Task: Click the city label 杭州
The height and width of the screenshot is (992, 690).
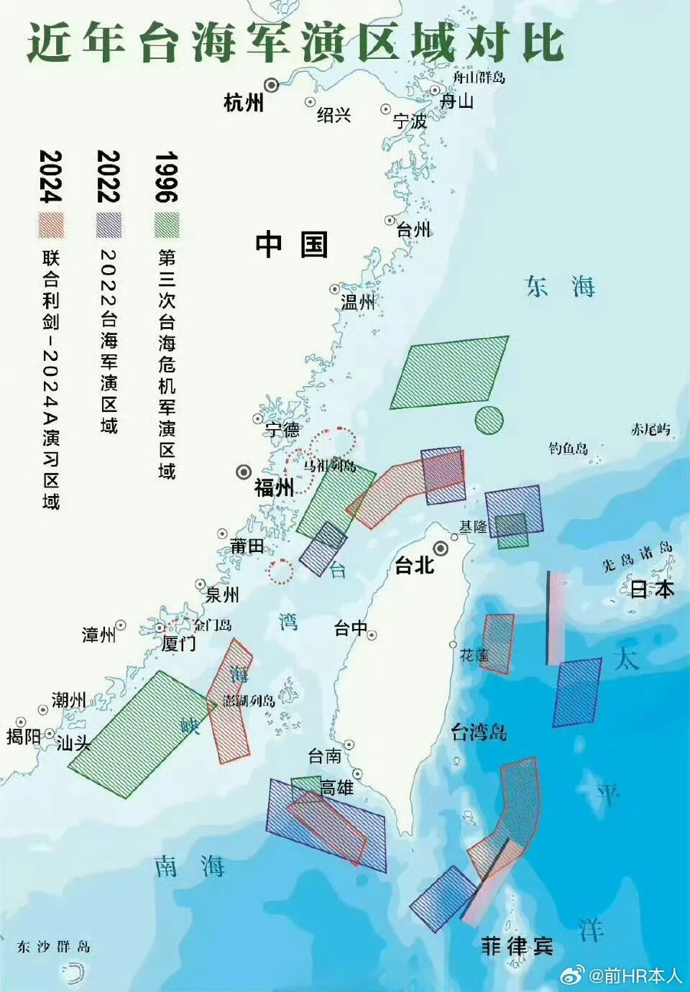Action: pyautogui.click(x=244, y=102)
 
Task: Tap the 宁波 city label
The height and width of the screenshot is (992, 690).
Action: pyautogui.click(x=410, y=121)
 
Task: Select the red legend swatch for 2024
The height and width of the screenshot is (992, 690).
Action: pyautogui.click(x=51, y=225)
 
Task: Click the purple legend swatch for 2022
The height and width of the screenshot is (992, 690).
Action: pyautogui.click(x=109, y=225)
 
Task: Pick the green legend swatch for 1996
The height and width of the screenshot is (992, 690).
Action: pyautogui.click(x=167, y=225)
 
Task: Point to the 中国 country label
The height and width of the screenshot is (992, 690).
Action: pyautogui.click(x=291, y=244)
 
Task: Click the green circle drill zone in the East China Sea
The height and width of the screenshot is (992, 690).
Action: pyautogui.click(x=488, y=420)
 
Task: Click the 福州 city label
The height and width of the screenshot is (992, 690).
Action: pyautogui.click(x=273, y=488)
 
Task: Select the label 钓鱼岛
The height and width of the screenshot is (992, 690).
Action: pyautogui.click(x=568, y=449)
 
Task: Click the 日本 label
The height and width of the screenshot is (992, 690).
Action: pyautogui.click(x=652, y=589)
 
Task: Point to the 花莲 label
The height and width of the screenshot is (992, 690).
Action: pyautogui.click(x=474, y=656)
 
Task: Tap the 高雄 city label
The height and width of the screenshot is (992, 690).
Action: pyautogui.click(x=336, y=788)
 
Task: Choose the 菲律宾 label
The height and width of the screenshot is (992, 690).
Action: pyautogui.click(x=517, y=946)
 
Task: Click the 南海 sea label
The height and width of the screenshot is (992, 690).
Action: pyautogui.click(x=190, y=866)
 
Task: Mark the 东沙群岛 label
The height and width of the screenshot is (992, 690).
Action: pyautogui.click(x=54, y=947)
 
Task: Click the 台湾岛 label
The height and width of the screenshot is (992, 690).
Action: pyautogui.click(x=479, y=732)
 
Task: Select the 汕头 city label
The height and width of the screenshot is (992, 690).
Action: pyautogui.click(x=73, y=743)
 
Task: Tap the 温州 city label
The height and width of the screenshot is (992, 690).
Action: pyautogui.click(x=357, y=302)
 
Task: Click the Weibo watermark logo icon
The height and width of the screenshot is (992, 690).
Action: pyautogui.click(x=573, y=975)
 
